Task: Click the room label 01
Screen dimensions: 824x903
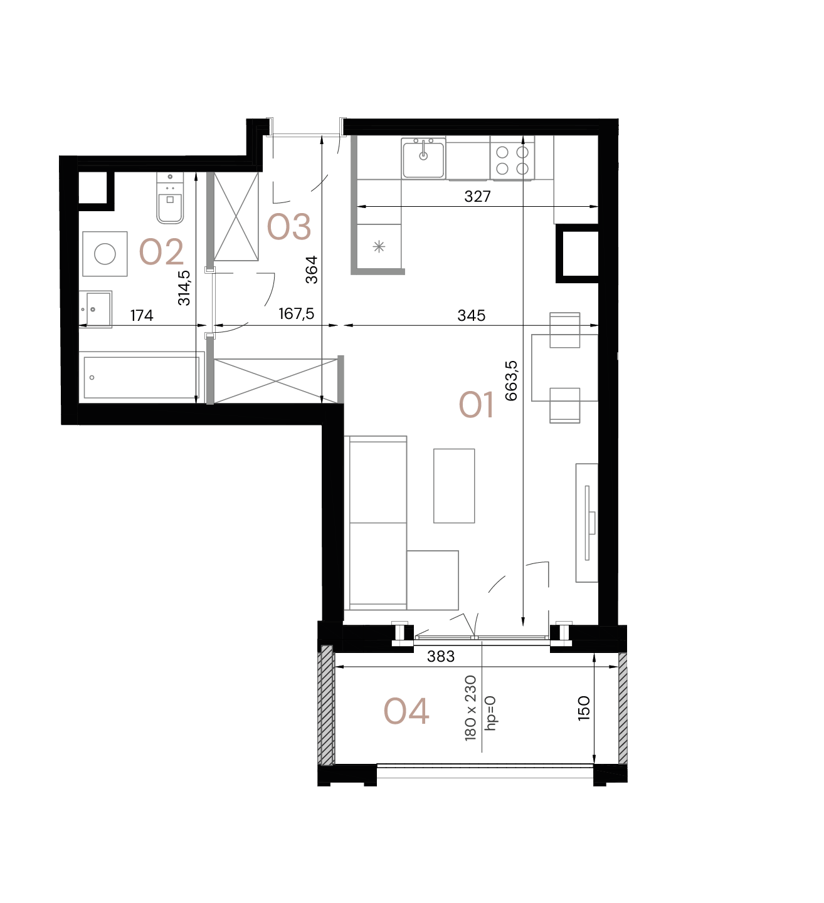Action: [476, 405]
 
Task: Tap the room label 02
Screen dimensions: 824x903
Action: [161, 253]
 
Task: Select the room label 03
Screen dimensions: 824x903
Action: [288, 227]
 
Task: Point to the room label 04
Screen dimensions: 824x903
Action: [406, 712]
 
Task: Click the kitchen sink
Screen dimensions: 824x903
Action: [424, 159]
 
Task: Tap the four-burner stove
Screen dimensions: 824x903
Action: [512, 160]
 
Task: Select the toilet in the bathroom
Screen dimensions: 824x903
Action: [170, 199]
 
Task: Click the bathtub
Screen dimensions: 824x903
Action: [142, 377]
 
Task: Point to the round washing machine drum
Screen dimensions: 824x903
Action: [105, 254]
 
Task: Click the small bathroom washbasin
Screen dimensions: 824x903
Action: [95, 309]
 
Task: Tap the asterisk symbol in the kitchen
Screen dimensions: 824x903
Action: [379, 247]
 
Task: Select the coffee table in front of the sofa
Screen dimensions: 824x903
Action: [454, 486]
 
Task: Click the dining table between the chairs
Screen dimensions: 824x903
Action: [564, 368]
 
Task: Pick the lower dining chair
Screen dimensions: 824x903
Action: [564, 405]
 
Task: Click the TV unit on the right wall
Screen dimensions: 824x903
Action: [587, 523]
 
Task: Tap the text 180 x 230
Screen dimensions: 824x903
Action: [471, 708]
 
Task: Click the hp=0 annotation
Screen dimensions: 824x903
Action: [490, 713]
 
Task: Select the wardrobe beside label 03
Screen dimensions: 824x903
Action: [236, 216]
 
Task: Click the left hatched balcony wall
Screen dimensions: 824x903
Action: [326, 705]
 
